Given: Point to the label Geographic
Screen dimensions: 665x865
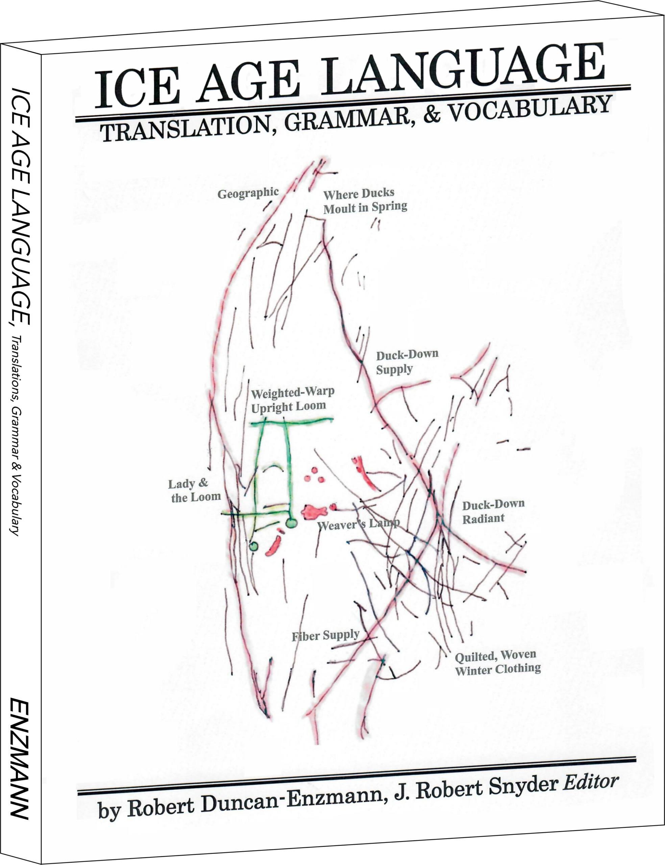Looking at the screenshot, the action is pyautogui.click(x=248, y=193).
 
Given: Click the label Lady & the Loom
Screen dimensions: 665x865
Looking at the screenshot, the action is pyautogui.click(x=194, y=491).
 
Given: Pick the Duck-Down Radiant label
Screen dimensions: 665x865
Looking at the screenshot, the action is pyautogui.click(x=494, y=511).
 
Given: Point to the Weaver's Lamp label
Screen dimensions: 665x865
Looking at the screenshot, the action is pyautogui.click(x=359, y=525).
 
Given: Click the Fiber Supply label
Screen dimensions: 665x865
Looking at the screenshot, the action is pyautogui.click(x=325, y=636).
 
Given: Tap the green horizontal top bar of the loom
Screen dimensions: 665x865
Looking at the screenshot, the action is pyautogui.click(x=292, y=422).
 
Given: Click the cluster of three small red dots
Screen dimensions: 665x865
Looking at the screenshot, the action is pyautogui.click(x=314, y=475).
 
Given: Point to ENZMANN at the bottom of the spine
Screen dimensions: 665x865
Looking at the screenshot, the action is pyautogui.click(x=19, y=759).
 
